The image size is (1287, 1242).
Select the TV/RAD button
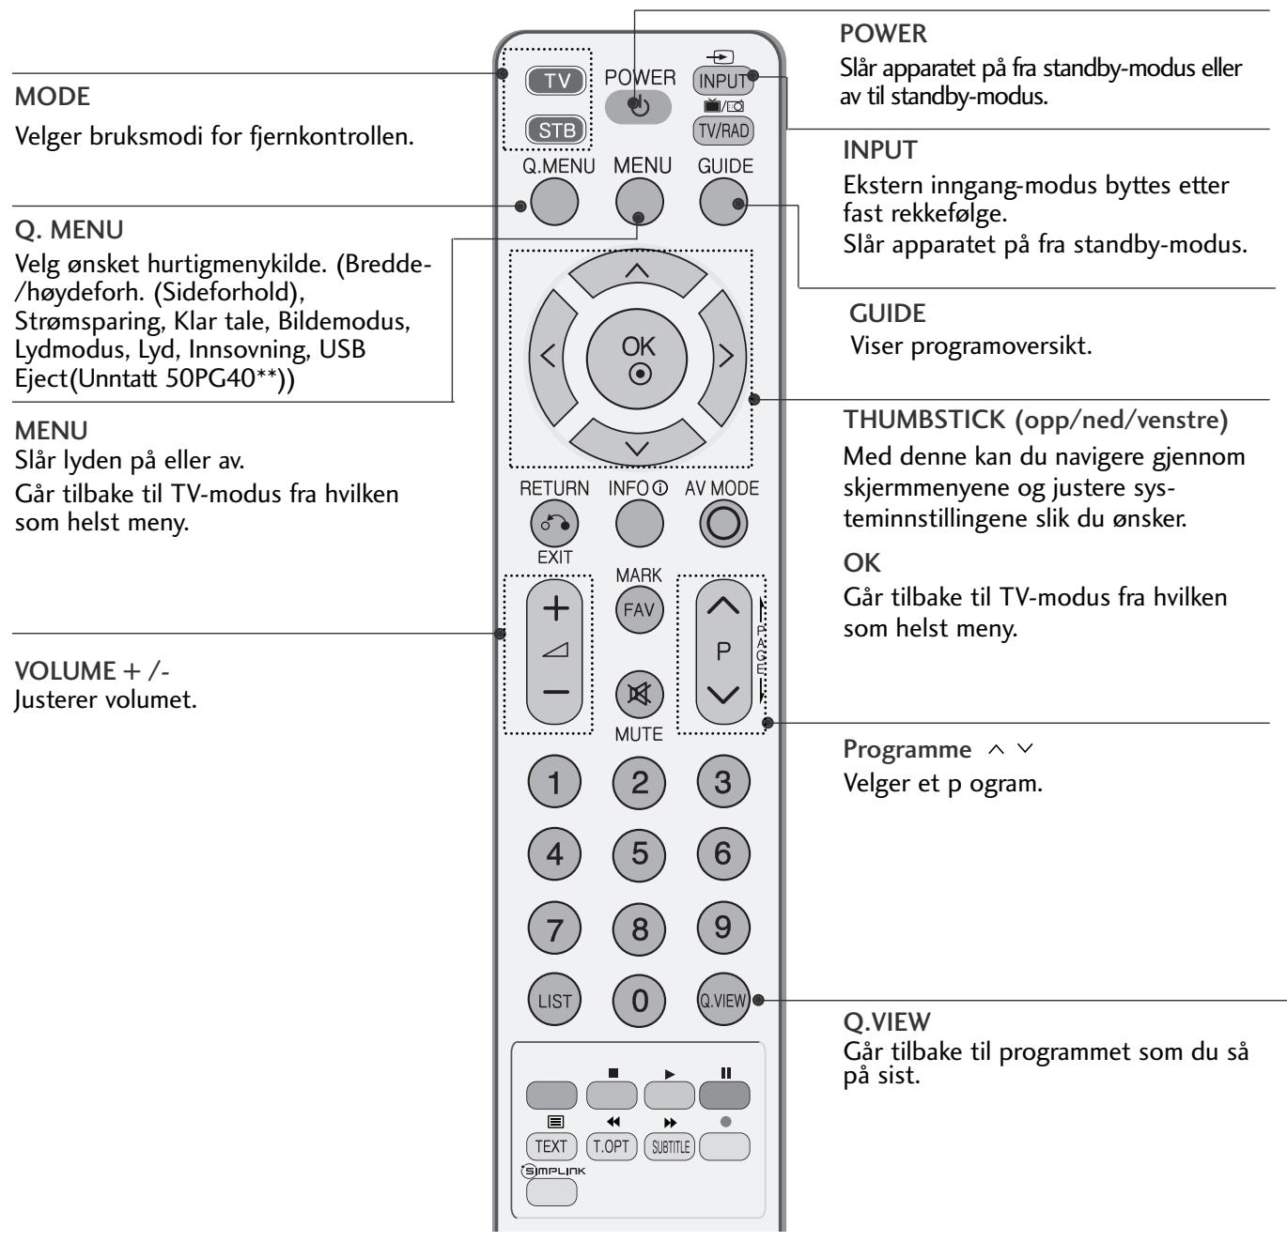723,131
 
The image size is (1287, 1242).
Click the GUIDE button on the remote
725,203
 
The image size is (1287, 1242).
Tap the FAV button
639,610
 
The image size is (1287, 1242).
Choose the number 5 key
639,854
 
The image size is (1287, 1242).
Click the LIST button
554,1001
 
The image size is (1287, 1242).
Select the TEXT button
551,1146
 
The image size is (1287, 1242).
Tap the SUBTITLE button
668,1146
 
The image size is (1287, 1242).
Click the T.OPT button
610,1146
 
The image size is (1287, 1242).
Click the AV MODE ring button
723,526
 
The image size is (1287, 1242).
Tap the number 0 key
639,1001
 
